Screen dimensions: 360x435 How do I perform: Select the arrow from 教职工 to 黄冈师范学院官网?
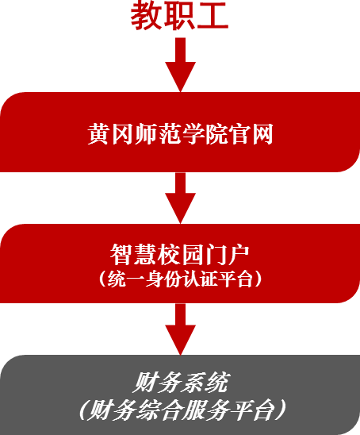click(x=181, y=64)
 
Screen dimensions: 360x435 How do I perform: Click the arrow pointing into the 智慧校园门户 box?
click(x=181, y=198)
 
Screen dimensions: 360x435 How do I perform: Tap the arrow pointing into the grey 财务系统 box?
click(x=181, y=329)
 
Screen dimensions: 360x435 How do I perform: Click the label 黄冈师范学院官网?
click(x=181, y=134)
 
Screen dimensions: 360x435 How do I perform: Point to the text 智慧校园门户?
click(x=179, y=255)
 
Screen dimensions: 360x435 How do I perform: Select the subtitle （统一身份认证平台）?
click(x=180, y=279)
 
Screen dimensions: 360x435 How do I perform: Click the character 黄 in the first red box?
click(x=98, y=134)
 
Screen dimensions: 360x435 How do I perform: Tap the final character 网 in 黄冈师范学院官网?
click(x=262, y=134)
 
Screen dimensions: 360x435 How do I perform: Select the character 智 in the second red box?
click(x=121, y=255)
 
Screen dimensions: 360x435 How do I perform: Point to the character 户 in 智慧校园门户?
click(x=239, y=255)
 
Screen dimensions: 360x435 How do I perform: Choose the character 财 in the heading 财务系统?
click(x=144, y=383)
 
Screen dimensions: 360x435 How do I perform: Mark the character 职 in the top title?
click(x=178, y=15)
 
